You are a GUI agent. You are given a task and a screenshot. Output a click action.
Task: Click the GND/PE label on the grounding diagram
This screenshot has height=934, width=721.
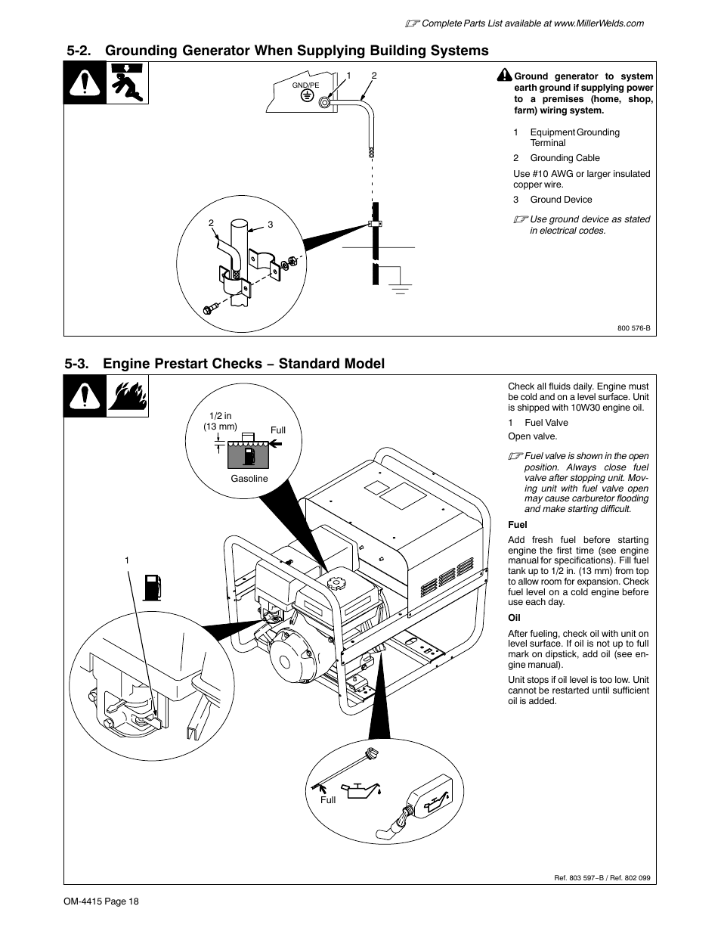(x=306, y=85)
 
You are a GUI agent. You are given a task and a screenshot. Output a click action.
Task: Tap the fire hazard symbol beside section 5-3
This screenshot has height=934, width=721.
(x=128, y=396)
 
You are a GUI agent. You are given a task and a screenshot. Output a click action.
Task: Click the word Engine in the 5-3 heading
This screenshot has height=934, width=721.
(x=128, y=364)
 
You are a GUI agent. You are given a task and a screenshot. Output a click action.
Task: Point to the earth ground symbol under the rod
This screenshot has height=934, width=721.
(x=399, y=287)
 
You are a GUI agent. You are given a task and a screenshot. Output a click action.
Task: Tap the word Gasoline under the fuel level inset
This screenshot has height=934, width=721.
(x=249, y=479)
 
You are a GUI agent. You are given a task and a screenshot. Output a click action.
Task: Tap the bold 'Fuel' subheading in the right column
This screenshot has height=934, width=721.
(x=518, y=525)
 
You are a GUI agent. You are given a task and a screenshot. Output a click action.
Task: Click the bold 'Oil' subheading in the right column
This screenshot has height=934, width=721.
(x=514, y=618)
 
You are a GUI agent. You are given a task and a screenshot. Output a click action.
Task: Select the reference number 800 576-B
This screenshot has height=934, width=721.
(x=633, y=328)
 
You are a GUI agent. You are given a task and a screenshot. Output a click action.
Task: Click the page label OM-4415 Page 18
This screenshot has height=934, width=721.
(x=102, y=901)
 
